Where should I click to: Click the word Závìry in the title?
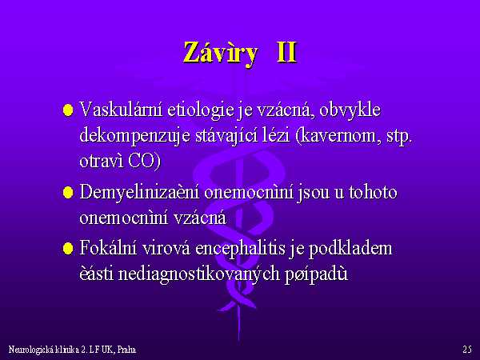click(221, 53)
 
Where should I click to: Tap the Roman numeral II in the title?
click(286, 52)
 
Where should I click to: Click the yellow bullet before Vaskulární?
click(68, 110)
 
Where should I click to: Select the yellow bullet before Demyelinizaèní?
click(68, 193)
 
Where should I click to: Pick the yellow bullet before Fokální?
click(68, 248)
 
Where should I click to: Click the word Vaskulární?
click(121, 110)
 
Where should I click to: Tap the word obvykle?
click(350, 110)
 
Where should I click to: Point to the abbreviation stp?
click(398, 137)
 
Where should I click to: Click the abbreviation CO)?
click(144, 161)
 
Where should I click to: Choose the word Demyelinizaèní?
click(139, 193)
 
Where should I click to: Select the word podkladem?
click(350, 249)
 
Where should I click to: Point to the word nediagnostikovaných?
click(199, 274)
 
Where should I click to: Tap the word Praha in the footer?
click(126, 350)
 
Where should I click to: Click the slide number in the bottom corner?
click(467, 350)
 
